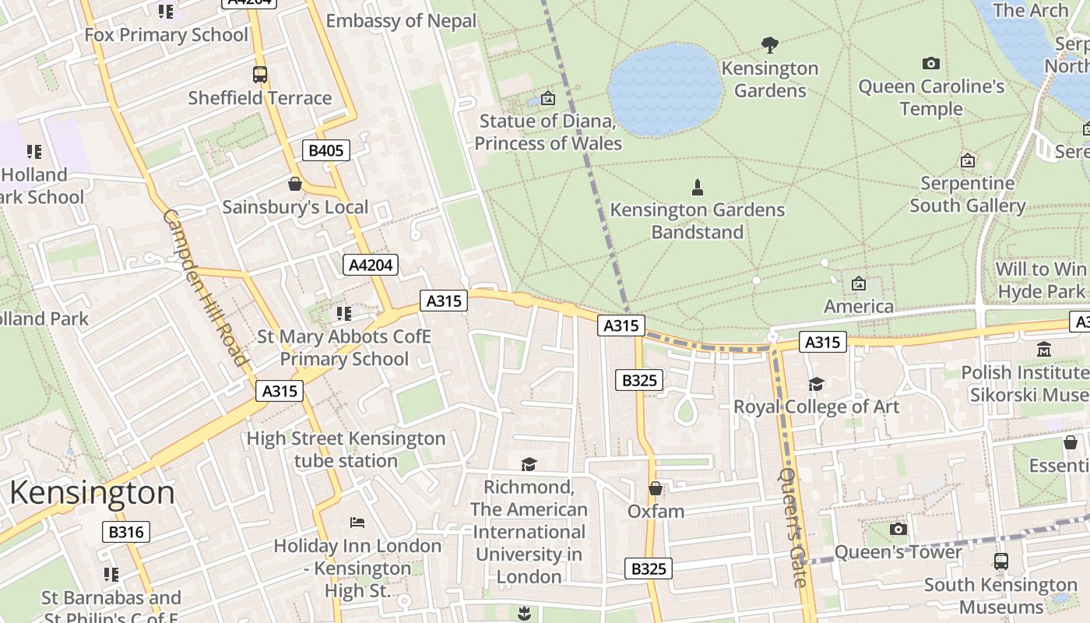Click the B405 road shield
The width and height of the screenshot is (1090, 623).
(x=325, y=150)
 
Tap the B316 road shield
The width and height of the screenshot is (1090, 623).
(x=125, y=532)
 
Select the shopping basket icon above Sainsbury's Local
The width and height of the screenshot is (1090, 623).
(x=295, y=184)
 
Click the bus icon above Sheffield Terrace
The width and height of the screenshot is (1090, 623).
(x=260, y=75)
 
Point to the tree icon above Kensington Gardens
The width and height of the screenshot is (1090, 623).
(x=770, y=45)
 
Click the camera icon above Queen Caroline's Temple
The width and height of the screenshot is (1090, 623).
(x=930, y=63)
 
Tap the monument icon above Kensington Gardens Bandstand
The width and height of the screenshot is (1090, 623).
(x=697, y=187)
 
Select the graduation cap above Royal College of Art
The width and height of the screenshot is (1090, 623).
(x=816, y=384)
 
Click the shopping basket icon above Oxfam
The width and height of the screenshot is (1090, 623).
(x=656, y=488)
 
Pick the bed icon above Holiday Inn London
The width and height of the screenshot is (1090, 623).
(x=357, y=522)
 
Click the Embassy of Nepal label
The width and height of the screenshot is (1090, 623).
(x=401, y=21)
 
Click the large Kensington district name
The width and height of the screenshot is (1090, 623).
(x=92, y=493)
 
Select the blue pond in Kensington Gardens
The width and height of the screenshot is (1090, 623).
(x=665, y=89)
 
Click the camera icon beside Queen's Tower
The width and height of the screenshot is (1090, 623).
(x=898, y=530)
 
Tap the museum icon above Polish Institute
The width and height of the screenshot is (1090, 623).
(x=1044, y=350)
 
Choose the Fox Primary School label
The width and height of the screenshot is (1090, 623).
(x=166, y=35)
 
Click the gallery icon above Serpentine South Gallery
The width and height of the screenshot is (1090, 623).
(x=967, y=160)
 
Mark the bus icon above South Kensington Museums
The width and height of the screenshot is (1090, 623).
(x=1001, y=561)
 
